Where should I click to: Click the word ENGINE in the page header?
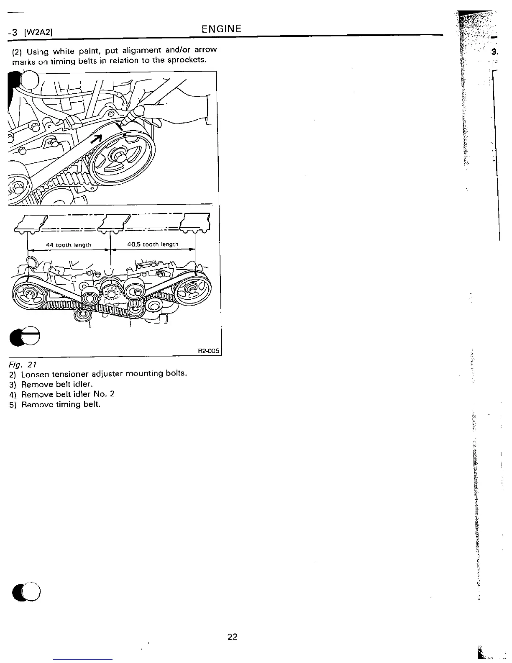tap(221, 29)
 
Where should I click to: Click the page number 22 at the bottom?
tap(232, 637)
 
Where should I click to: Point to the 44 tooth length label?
tap(69, 245)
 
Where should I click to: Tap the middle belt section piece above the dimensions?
tap(113, 222)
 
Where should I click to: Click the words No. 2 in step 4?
tap(107, 394)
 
